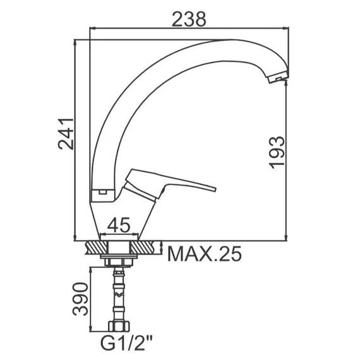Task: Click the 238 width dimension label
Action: point(189,19)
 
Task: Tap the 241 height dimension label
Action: point(66,134)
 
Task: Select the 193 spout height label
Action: point(277,153)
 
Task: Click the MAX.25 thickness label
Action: point(205,254)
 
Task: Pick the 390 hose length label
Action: point(80,299)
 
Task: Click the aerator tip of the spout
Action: point(278,78)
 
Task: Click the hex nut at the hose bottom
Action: point(119,327)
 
